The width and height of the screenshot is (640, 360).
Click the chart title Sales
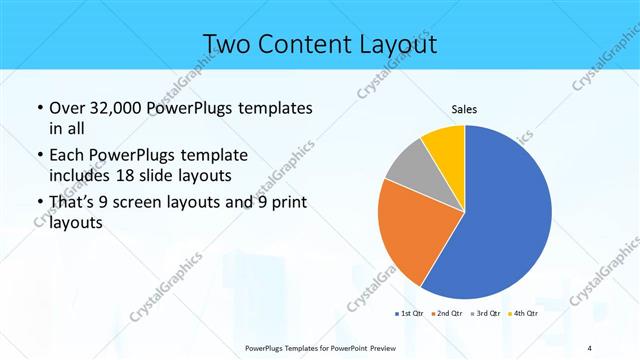(x=464, y=108)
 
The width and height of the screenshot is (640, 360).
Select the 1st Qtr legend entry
(x=409, y=314)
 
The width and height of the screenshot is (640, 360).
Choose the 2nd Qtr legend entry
(x=446, y=314)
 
